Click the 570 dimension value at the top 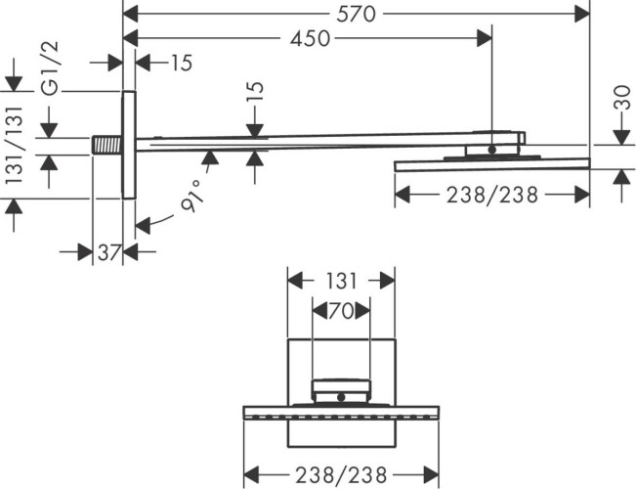pos(357,13)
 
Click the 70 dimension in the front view pos(340,311)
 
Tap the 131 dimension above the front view pos(340,280)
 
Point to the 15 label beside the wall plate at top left pos(181,64)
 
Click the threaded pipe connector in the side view pos(106,145)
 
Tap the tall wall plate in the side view pos(128,145)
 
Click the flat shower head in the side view pos(491,163)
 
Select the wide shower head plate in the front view pos(340,412)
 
